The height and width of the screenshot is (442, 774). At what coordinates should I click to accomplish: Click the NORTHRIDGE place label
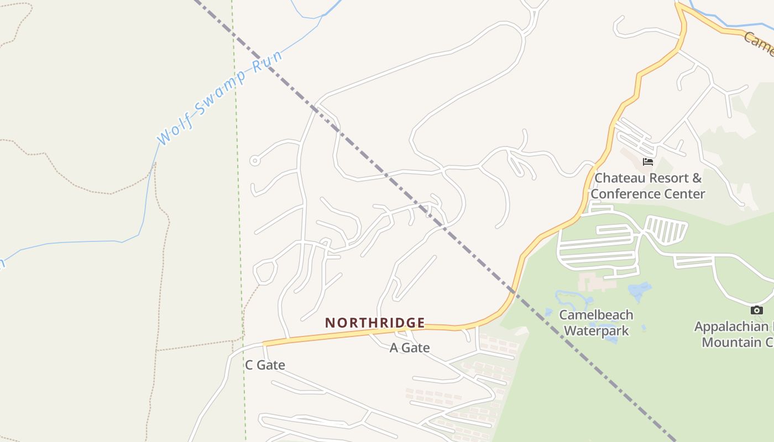[375, 323]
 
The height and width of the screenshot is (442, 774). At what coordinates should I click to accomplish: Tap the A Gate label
[410, 348]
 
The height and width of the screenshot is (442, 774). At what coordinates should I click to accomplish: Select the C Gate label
[265, 365]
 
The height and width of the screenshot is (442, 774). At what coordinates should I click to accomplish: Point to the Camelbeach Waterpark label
[596, 323]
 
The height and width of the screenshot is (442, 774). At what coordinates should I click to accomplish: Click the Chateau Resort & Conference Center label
[648, 186]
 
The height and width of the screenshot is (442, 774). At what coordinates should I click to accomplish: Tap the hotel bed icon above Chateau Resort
[648, 162]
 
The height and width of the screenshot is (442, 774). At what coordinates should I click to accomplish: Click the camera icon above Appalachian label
[757, 310]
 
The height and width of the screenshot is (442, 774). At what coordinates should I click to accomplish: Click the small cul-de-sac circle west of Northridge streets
[255, 161]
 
